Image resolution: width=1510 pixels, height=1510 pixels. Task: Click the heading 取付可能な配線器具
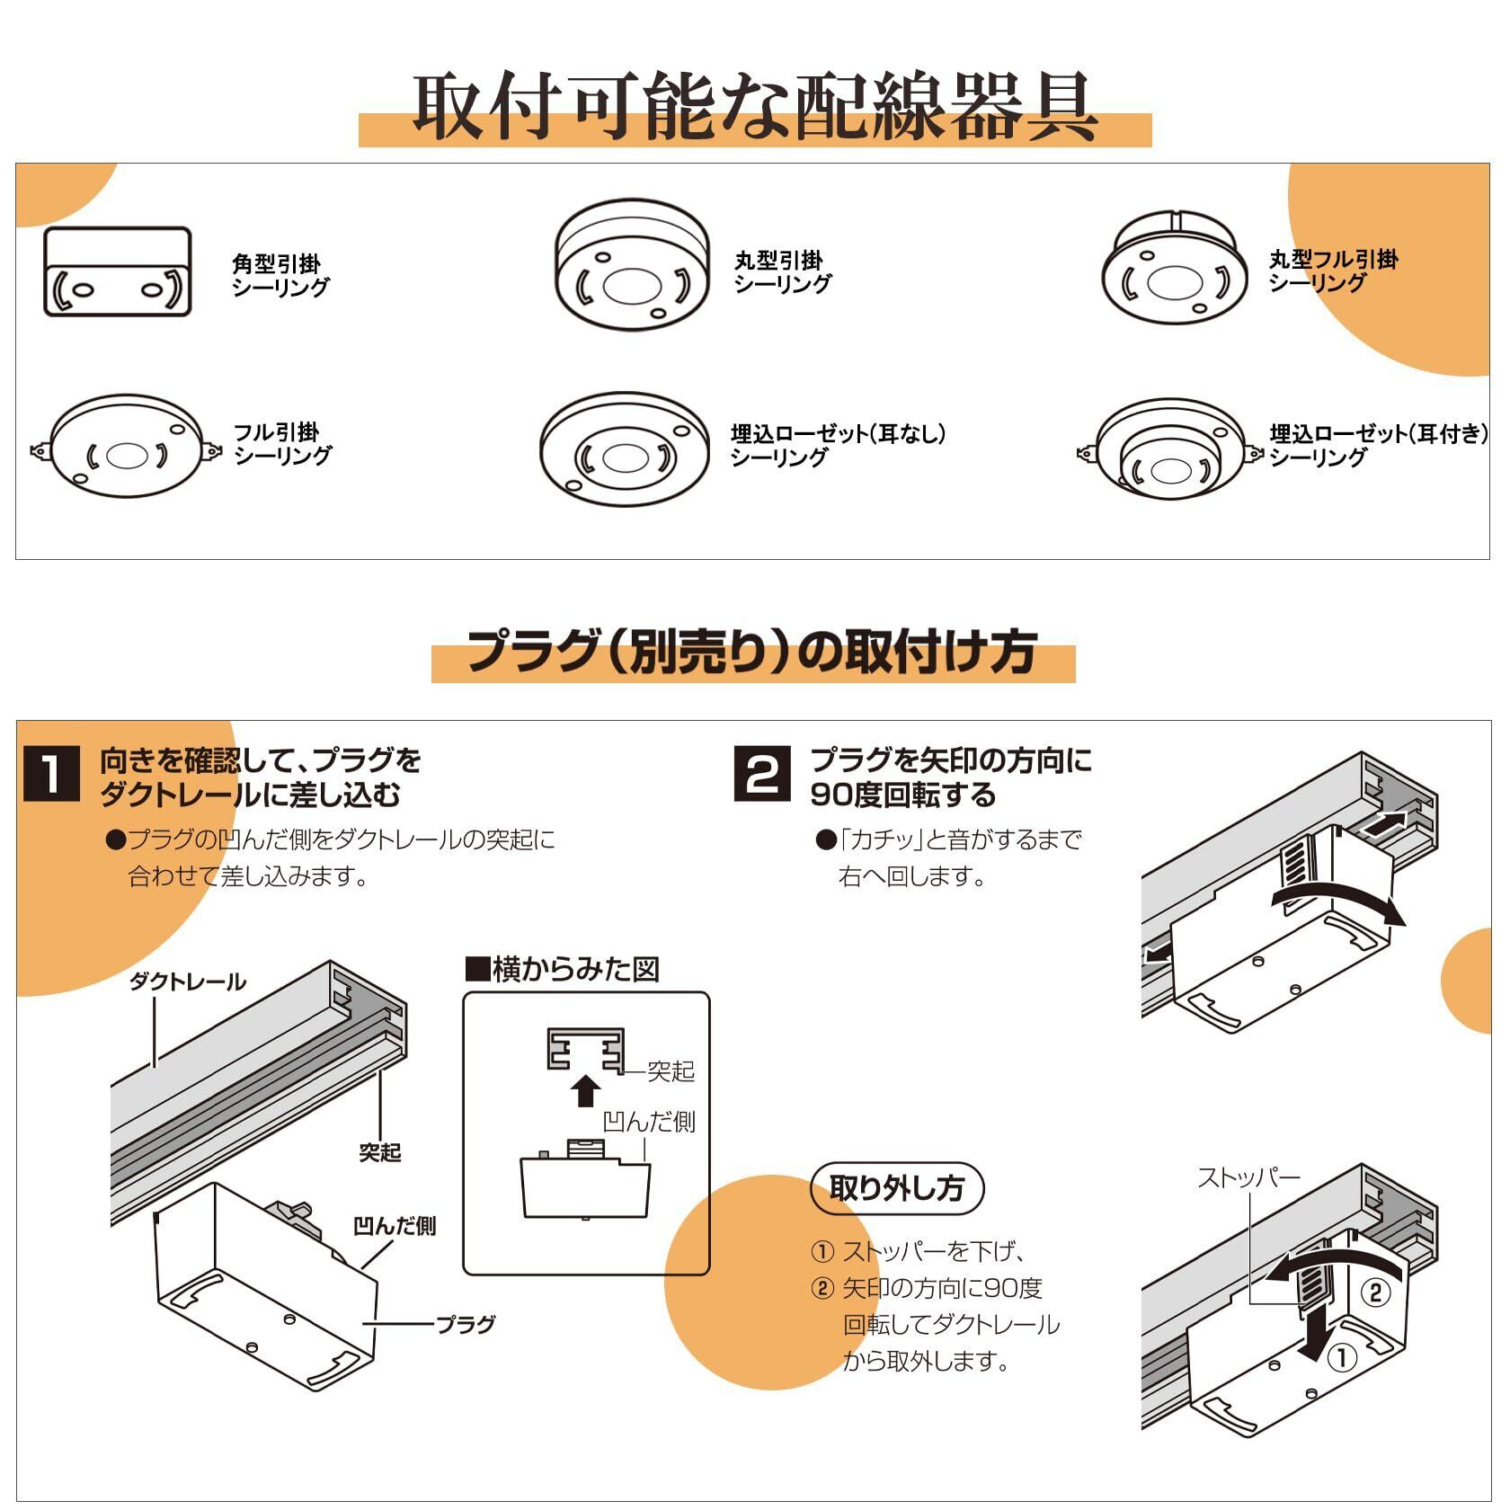(755, 107)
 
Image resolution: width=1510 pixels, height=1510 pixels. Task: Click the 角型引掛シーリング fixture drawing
(118, 271)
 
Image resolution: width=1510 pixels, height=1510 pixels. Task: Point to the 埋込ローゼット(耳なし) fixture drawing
(626, 449)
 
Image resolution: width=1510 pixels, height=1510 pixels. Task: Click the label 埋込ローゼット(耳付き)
(1378, 434)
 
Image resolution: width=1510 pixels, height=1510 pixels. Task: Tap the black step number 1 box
(51, 774)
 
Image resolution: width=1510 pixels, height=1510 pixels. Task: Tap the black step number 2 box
(763, 774)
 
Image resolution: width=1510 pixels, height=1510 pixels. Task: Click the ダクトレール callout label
(188, 981)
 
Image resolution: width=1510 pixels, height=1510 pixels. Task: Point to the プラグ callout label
(466, 1324)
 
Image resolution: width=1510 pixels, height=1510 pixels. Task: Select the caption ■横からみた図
(563, 970)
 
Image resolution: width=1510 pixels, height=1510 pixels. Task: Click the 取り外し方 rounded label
(896, 1189)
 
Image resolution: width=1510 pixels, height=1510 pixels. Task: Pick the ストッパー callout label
(1248, 1177)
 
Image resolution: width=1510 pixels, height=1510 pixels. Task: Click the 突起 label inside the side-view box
(671, 1070)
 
